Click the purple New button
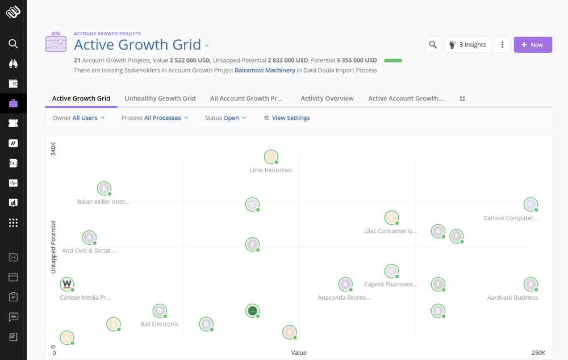533,45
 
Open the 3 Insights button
467,45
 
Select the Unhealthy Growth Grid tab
160,98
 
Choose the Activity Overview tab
327,98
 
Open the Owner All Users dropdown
79,118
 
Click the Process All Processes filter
154,118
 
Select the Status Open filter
225,118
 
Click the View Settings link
287,118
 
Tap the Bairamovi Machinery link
265,70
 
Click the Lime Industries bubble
272,157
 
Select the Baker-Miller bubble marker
104,189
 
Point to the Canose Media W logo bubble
67,284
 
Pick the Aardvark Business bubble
531,284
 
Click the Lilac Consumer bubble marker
391,217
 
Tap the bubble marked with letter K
290,332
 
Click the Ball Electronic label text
160,324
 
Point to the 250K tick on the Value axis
538,353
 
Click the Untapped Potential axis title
53,247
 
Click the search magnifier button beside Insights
433,45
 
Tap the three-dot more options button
502,45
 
